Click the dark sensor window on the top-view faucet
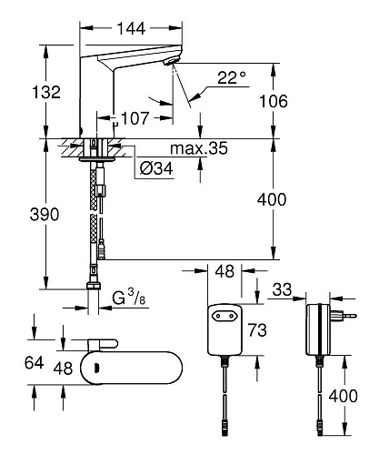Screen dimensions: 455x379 click(91, 369)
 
